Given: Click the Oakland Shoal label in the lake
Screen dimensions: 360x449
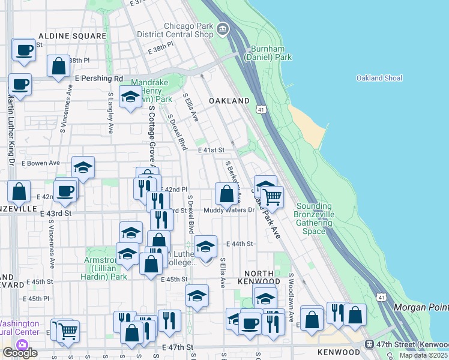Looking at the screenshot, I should point(379,78).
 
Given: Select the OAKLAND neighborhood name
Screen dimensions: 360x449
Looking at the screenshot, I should point(229,101).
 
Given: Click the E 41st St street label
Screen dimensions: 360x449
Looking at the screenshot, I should point(211,150).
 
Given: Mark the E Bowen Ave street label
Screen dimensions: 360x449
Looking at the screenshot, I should point(41,163).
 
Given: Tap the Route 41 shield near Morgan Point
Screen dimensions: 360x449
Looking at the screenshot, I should point(381,297).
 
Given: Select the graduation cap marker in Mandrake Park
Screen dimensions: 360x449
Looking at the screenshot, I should point(130,97).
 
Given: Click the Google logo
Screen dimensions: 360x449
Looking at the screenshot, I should point(20,353).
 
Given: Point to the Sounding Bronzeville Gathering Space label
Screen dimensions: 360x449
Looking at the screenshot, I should point(314,218).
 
